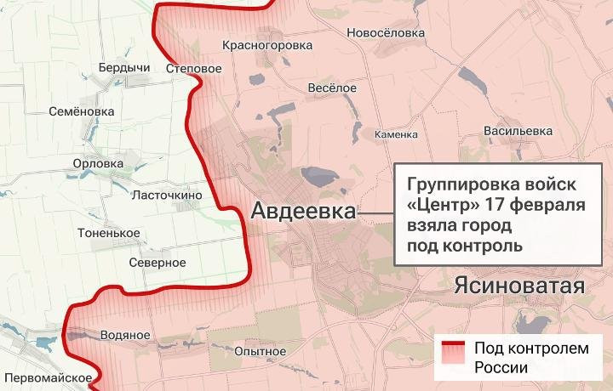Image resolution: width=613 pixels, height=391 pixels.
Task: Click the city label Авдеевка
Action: [303, 212]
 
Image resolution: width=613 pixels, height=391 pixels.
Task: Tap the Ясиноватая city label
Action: [520, 286]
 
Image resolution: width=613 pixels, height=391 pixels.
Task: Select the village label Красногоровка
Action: [266, 45]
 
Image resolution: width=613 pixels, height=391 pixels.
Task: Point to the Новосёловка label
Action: [386, 32]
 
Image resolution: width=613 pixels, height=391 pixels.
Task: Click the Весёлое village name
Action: [331, 88]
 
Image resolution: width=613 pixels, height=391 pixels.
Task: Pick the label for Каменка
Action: [397, 134]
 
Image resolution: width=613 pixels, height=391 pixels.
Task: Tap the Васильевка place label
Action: [518, 131]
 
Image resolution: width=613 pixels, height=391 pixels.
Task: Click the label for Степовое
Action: [188, 67]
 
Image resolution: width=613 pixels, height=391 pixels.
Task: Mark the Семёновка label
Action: [81, 111]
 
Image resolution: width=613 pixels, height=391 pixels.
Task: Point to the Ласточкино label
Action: [167, 195]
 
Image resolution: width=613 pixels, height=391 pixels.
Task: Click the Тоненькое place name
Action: [108, 232]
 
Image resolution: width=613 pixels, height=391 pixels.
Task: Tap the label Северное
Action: [158, 262]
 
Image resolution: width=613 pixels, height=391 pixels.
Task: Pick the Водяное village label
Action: [124, 335]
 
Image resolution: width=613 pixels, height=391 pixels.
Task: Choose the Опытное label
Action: [261, 351]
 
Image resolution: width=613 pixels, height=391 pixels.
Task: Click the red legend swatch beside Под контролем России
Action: [452, 357]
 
